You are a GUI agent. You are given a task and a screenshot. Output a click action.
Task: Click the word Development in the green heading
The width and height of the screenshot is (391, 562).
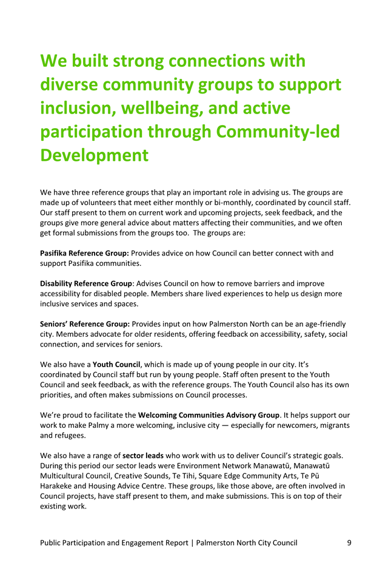[94, 155]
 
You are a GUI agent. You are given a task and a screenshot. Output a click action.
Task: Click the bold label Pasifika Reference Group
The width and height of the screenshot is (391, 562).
[85, 252]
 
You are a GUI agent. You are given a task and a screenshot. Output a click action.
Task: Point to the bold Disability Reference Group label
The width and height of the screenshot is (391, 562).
[86, 283]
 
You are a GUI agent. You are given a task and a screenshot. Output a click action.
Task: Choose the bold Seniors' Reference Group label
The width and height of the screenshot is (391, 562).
[85, 325]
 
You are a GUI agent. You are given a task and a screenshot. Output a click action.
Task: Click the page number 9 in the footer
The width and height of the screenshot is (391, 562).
[349, 543]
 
